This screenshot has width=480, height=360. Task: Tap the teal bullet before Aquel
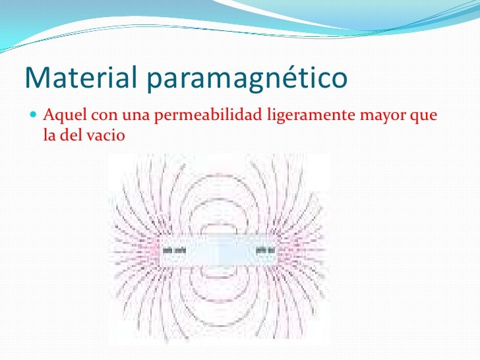(34, 118)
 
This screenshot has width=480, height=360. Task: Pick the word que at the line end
(423, 118)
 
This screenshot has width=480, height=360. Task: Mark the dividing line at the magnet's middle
(218, 251)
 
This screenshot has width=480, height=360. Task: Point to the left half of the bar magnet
(191, 251)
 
